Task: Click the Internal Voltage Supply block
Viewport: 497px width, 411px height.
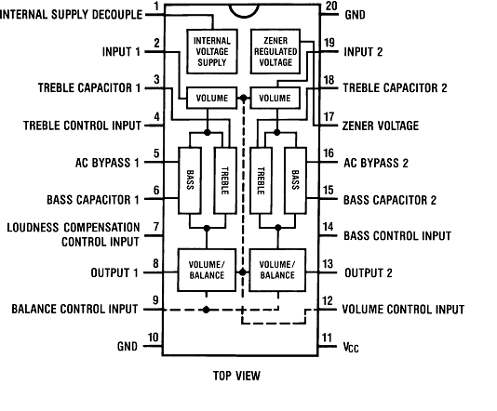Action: pyautogui.click(x=212, y=52)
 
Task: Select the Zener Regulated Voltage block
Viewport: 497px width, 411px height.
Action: pyautogui.click(x=275, y=52)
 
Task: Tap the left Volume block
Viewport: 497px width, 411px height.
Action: pyautogui.click(x=211, y=99)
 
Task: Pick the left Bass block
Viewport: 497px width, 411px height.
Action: pyautogui.click(x=190, y=180)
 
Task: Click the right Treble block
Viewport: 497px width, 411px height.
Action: pyautogui.click(x=261, y=180)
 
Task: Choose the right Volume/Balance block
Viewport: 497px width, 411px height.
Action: pyautogui.click(x=277, y=270)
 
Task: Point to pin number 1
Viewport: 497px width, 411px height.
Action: pyautogui.click(x=156, y=7)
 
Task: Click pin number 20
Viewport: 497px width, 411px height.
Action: pyautogui.click(x=331, y=6)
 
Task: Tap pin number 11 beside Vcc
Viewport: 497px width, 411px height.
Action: pyautogui.click(x=327, y=338)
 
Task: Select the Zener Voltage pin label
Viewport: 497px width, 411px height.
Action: pyautogui.click(x=381, y=126)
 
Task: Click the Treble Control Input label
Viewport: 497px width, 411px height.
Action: pyautogui.click(x=82, y=126)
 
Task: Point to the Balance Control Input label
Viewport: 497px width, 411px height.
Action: pyautogui.click(x=74, y=309)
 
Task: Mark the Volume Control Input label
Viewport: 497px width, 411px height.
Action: pyautogui.click(x=404, y=310)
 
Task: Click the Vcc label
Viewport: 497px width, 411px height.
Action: pyautogui.click(x=351, y=348)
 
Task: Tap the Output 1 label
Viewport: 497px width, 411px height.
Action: pyautogui.click(x=114, y=272)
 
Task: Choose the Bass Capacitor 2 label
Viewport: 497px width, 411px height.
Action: pyautogui.click(x=390, y=200)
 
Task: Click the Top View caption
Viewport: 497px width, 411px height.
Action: pyautogui.click(x=236, y=376)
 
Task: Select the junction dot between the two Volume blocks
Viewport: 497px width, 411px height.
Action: pyautogui.click(x=244, y=99)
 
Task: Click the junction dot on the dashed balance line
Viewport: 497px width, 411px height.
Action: pyautogui.click(x=206, y=310)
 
